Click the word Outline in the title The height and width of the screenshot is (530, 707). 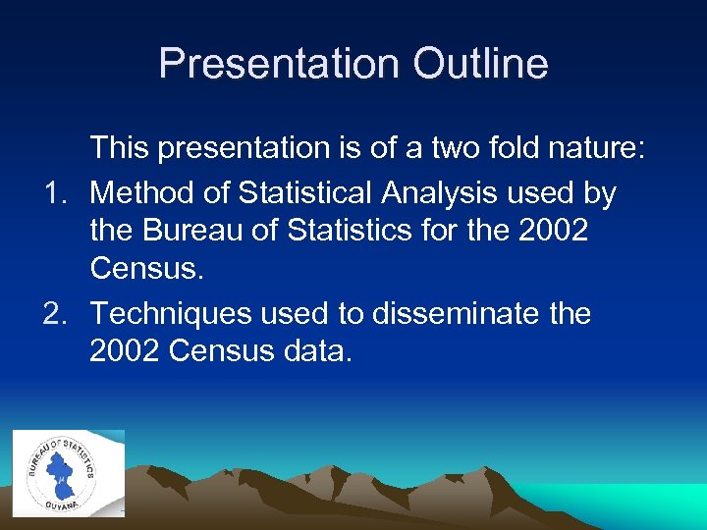(480, 64)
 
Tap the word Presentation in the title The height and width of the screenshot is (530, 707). (277, 64)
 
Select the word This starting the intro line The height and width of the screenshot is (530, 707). (122, 148)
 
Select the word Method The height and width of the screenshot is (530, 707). (146, 194)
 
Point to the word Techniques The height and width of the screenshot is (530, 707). (173, 314)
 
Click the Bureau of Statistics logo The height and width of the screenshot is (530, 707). (61, 472)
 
